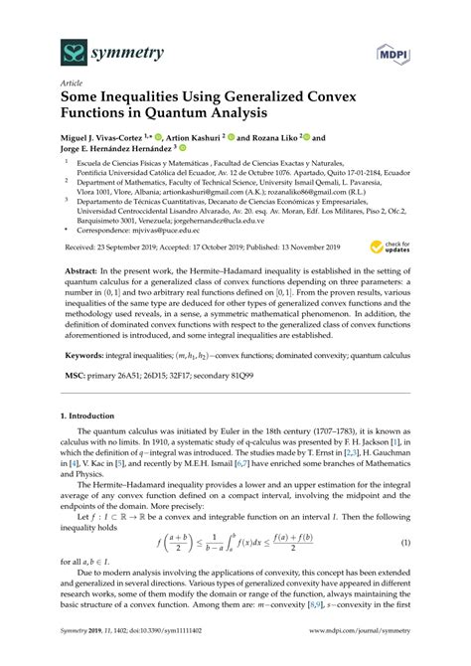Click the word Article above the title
coord(73,86)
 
